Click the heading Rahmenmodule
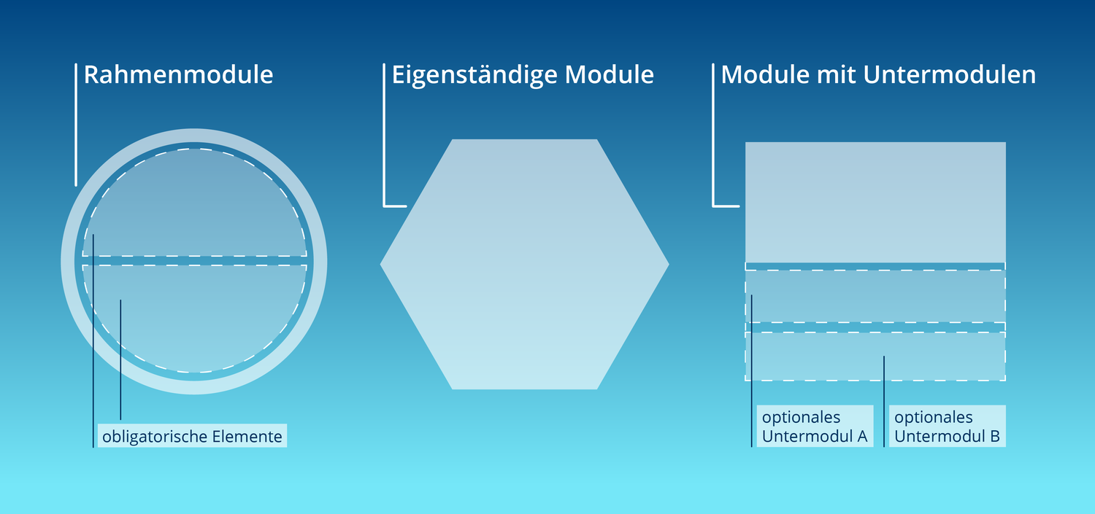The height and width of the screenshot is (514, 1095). [x=178, y=74]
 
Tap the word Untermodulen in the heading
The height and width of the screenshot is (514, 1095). [x=949, y=74]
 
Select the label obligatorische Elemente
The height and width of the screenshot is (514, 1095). [x=192, y=436]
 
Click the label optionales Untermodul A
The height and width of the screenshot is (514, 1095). [x=815, y=426]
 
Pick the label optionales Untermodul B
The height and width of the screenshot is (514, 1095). [x=948, y=426]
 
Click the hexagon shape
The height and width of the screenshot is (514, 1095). [x=525, y=264]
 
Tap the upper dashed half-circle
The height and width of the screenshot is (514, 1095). [x=195, y=203]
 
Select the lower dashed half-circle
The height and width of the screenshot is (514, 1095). [x=195, y=319]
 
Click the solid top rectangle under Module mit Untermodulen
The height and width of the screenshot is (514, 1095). [x=875, y=202]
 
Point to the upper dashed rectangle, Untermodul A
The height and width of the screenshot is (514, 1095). [x=875, y=296]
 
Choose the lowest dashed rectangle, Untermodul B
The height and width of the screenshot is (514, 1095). [x=875, y=357]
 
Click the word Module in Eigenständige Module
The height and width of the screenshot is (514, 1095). [x=609, y=74]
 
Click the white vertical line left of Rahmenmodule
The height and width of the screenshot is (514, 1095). [x=76, y=125]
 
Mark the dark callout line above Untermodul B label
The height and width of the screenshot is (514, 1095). [x=884, y=401]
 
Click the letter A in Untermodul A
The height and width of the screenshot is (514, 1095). [x=862, y=436]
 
